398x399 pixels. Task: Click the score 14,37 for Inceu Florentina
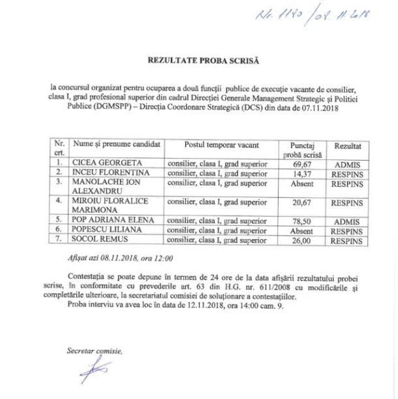pyautogui.click(x=301, y=173)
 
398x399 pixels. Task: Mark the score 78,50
pyautogui.click(x=301, y=221)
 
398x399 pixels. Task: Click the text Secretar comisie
pyautogui.click(x=93, y=351)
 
